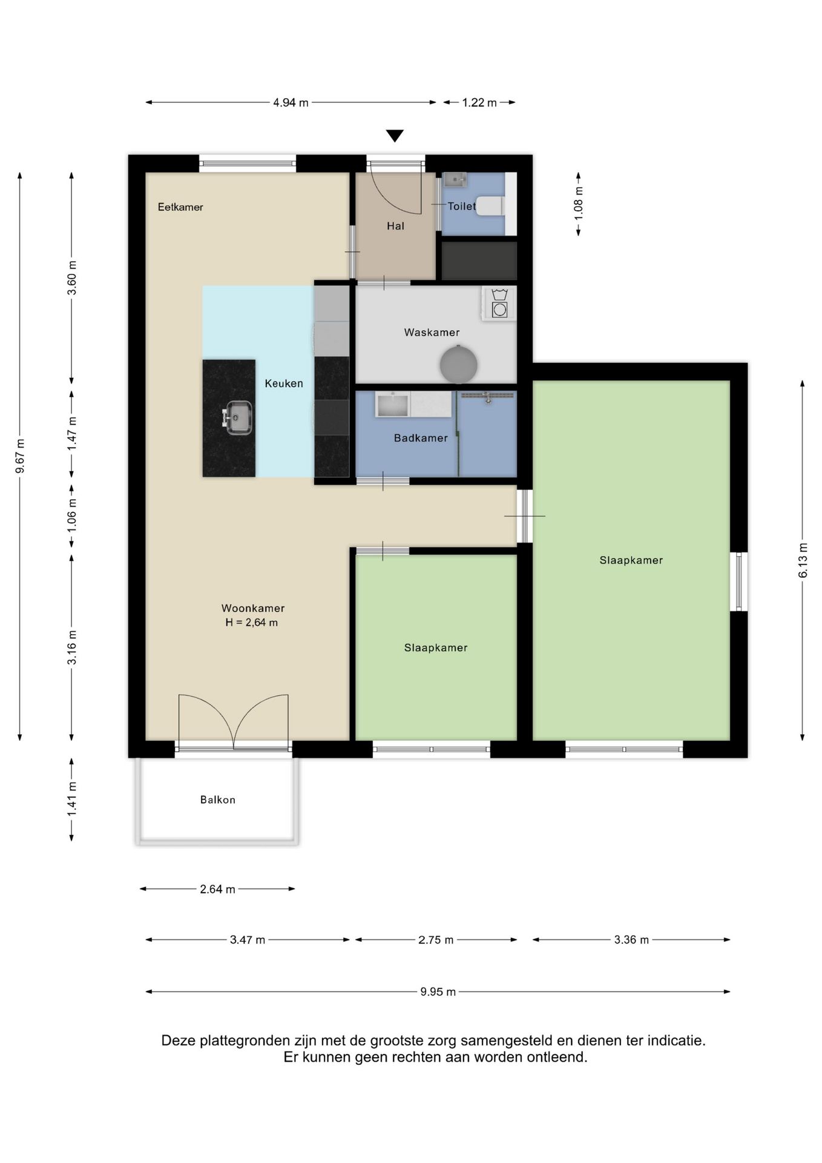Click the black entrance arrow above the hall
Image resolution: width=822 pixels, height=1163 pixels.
pos(395,136)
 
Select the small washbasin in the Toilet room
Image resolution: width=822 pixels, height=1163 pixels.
pos(455,179)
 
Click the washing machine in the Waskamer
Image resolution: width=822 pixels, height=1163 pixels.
pos(499,303)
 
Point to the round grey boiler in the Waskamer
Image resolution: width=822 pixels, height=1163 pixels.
pos(458,365)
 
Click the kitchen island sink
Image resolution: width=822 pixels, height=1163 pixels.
pos(238,417)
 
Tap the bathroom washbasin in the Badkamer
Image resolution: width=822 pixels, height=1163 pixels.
pos(393,404)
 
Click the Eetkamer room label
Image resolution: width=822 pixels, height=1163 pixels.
pos(180,207)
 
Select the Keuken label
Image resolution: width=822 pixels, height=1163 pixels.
pos(284,383)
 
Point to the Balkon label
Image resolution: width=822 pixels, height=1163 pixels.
pos(218,800)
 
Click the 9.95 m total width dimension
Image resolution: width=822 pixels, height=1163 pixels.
pos(438,992)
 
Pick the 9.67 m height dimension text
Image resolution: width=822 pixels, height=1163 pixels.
pos(20,456)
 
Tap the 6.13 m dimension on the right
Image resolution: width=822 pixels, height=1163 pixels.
pos(803,560)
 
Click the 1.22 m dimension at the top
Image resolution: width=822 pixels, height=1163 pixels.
pos(479,102)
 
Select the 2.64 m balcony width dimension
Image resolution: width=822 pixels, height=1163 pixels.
pos(217,889)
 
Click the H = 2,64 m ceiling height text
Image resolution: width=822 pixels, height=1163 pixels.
pos(252,623)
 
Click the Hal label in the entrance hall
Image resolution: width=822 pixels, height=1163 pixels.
pos(395,226)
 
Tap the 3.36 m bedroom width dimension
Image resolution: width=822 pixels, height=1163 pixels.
pos(631,939)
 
